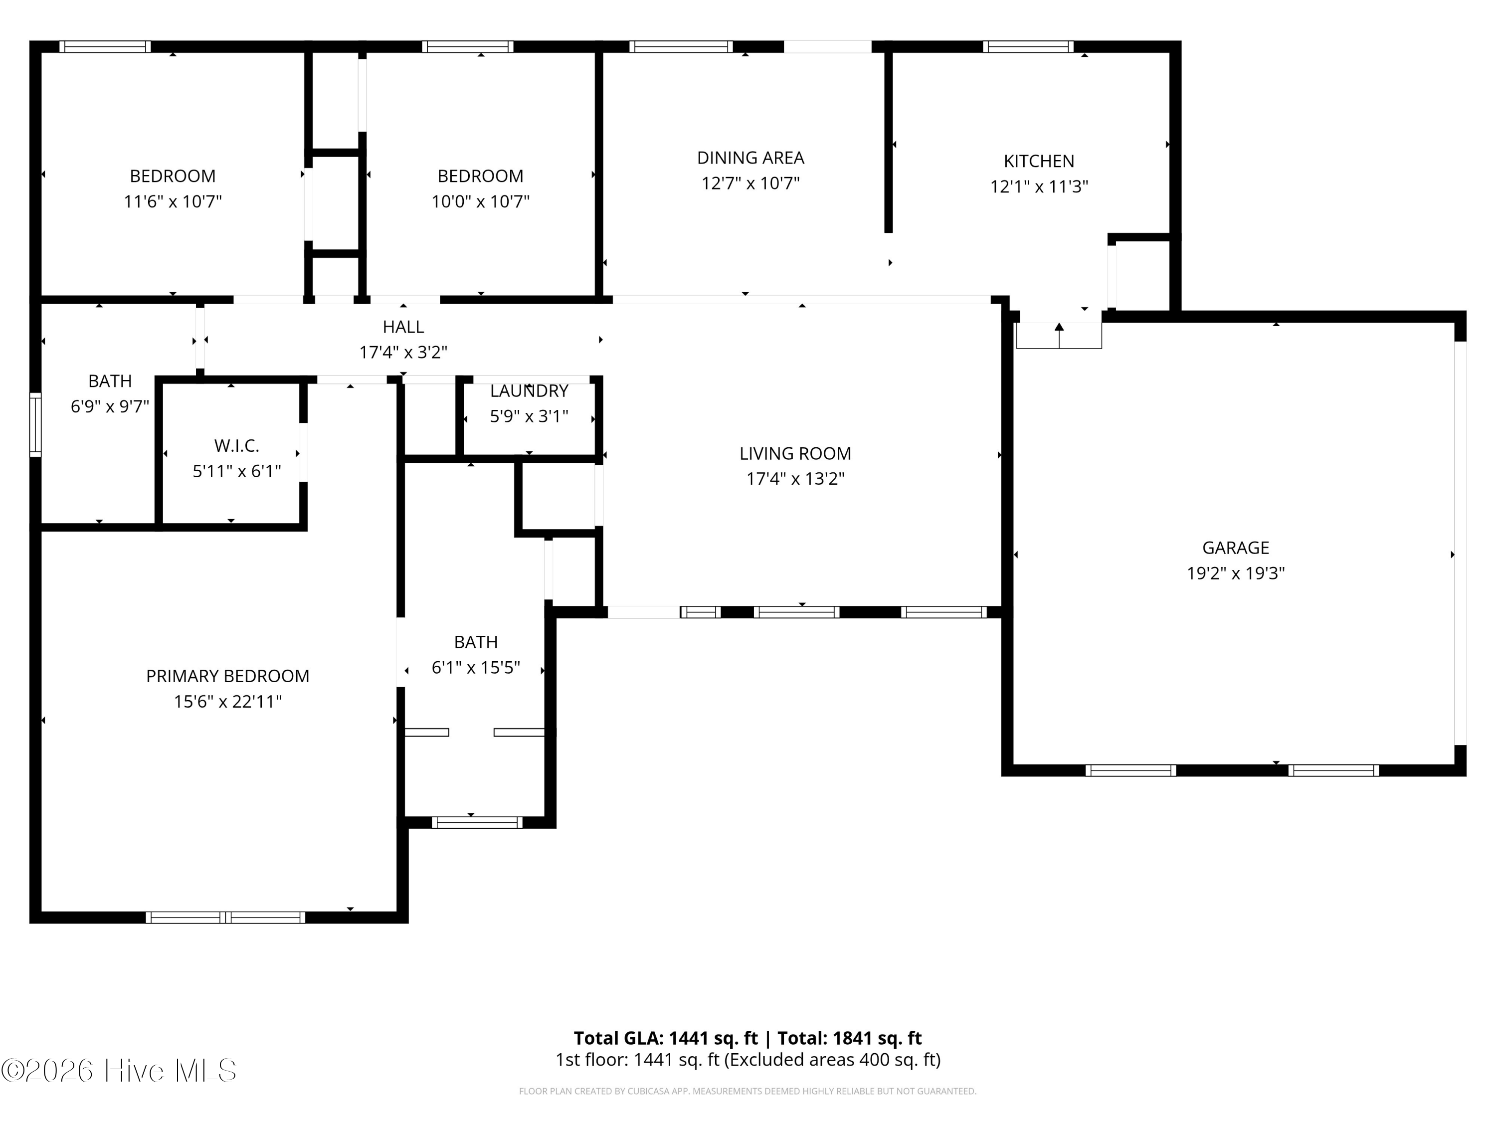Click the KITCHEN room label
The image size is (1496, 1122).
pyautogui.click(x=1039, y=162)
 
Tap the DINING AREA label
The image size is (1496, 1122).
pyautogui.click(x=750, y=158)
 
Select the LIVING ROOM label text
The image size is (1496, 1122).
pyautogui.click(x=795, y=454)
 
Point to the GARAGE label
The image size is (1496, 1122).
pyautogui.click(x=1236, y=548)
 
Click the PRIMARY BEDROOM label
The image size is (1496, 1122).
pyautogui.click(x=228, y=676)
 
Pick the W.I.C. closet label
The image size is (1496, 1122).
pyautogui.click(x=237, y=446)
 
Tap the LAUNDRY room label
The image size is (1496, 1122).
pyautogui.click(x=529, y=391)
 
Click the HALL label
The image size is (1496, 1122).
pyautogui.click(x=403, y=327)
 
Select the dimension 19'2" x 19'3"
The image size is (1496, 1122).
pyautogui.click(x=1236, y=573)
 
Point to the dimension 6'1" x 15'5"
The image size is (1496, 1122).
pyautogui.click(x=476, y=668)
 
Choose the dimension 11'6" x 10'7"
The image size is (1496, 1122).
pyautogui.click(x=173, y=201)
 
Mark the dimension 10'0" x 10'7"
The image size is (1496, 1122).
pyautogui.click(x=481, y=201)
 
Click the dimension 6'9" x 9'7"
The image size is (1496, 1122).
pyautogui.click(x=110, y=406)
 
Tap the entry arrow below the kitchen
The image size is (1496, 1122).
pyautogui.click(x=1059, y=336)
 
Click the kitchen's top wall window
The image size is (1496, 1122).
pyautogui.click(x=1028, y=47)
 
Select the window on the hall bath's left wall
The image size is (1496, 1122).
pyautogui.click(x=35, y=425)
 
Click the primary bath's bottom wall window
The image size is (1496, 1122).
pyautogui.click(x=477, y=822)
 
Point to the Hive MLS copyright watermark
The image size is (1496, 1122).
pyautogui.click(x=119, y=1071)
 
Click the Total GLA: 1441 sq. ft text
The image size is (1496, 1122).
pyautogui.click(x=666, y=1038)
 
